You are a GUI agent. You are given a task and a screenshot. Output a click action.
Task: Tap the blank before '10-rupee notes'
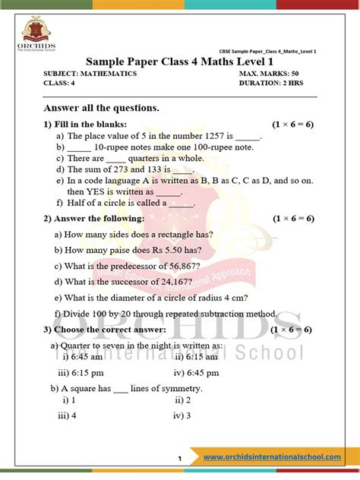tap(80, 148)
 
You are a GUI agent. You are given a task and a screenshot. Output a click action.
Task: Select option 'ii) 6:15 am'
tap(197, 356)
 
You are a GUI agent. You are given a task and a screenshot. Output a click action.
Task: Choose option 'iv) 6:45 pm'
tap(197, 373)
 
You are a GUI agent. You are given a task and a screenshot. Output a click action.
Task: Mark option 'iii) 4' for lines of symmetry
tap(67, 416)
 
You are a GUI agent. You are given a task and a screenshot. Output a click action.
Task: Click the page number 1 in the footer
tap(179, 459)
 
